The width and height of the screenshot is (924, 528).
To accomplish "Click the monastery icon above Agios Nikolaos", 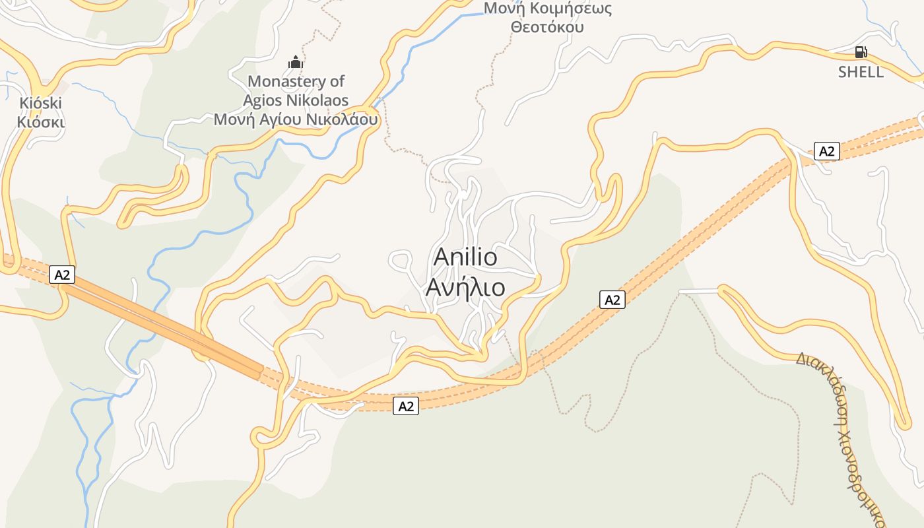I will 295,63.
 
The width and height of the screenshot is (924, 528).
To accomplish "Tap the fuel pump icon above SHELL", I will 861,52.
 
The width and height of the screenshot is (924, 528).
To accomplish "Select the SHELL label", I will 861,72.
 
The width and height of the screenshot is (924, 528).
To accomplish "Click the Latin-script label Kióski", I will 40,103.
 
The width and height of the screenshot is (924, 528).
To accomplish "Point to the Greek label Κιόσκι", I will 40,122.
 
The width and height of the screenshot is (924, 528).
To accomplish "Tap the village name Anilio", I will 465,257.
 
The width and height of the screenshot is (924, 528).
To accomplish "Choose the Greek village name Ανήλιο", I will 465,288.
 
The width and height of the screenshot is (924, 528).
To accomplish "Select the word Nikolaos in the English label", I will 318,100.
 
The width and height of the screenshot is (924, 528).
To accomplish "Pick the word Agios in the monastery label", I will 264,100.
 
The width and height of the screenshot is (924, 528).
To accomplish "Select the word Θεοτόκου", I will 547,27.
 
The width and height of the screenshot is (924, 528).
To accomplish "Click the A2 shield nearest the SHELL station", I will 826,151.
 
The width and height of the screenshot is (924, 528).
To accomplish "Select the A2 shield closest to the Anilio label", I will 612,300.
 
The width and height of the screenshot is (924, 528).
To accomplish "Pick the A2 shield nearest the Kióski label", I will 62,275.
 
